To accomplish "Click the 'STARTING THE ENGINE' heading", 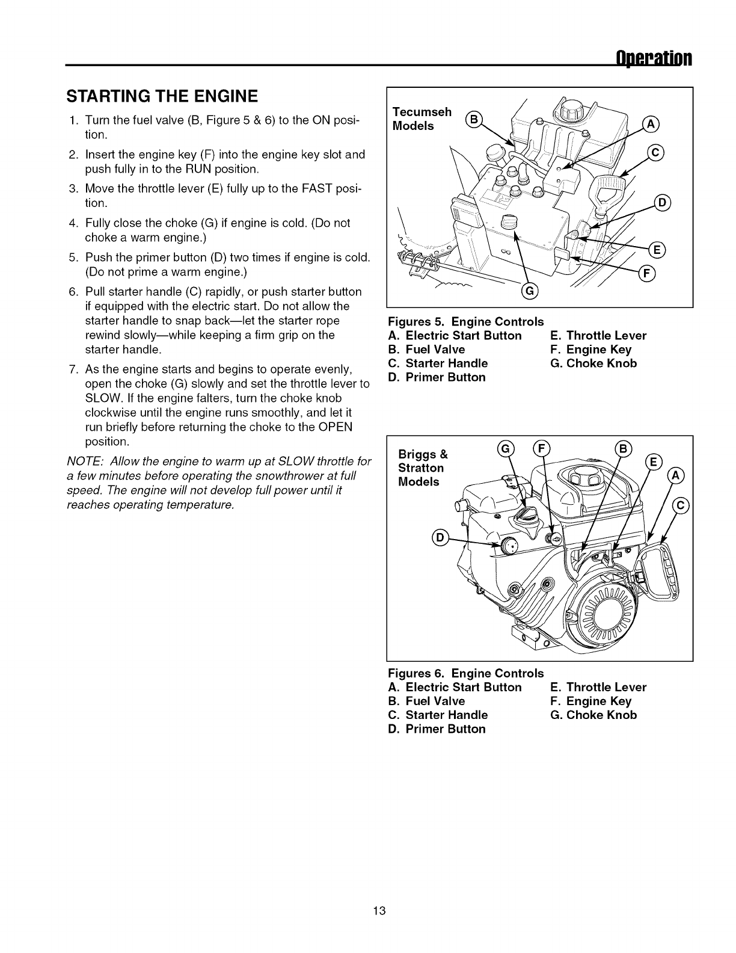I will point(164,96).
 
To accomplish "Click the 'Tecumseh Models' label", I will point(422,119).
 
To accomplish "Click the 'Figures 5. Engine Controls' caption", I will point(466,321).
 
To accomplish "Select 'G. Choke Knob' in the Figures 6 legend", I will point(593,715).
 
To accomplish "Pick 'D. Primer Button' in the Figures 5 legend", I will point(437,377).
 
